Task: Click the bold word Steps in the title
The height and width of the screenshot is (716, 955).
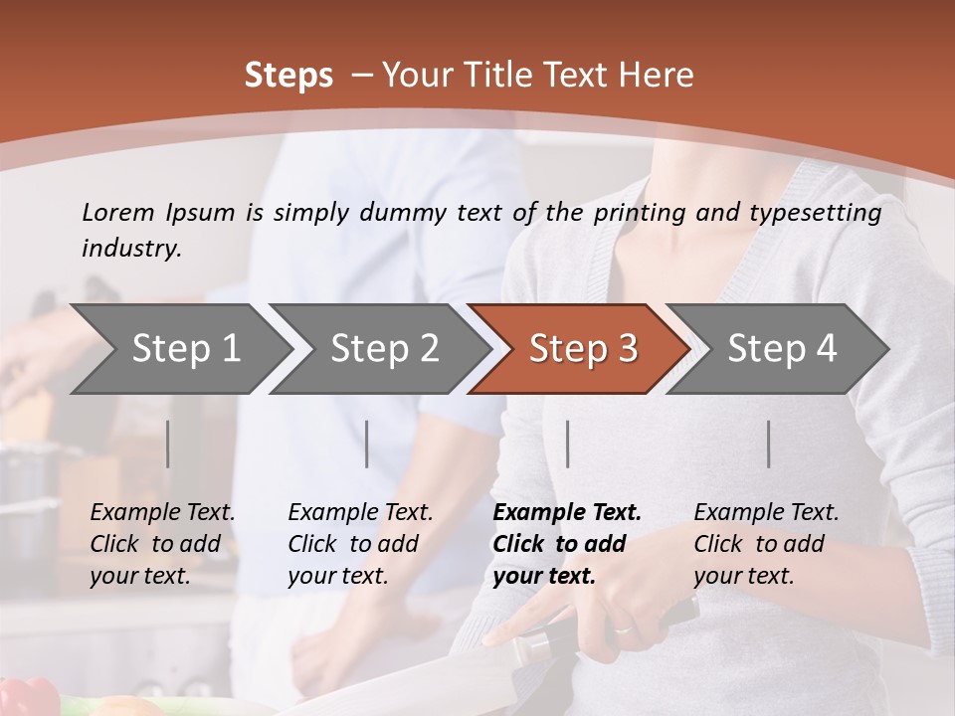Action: pos(288,76)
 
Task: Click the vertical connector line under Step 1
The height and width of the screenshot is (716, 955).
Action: pos(168,444)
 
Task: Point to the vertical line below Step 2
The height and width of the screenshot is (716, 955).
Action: pos(367,444)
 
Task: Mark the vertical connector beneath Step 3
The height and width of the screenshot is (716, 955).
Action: pos(568,444)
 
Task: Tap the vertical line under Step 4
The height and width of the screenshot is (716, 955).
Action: pos(768,444)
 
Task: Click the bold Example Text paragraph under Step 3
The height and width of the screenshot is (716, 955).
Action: pos(567,544)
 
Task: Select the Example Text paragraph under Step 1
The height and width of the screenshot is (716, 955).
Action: pos(162,544)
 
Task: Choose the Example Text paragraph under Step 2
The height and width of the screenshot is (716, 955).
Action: pos(360,544)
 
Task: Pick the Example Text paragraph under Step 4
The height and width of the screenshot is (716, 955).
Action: pos(766,544)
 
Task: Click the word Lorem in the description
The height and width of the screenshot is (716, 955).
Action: pos(118,212)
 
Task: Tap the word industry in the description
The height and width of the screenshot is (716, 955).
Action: pos(131,249)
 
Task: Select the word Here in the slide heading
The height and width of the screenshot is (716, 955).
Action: pos(658,76)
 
